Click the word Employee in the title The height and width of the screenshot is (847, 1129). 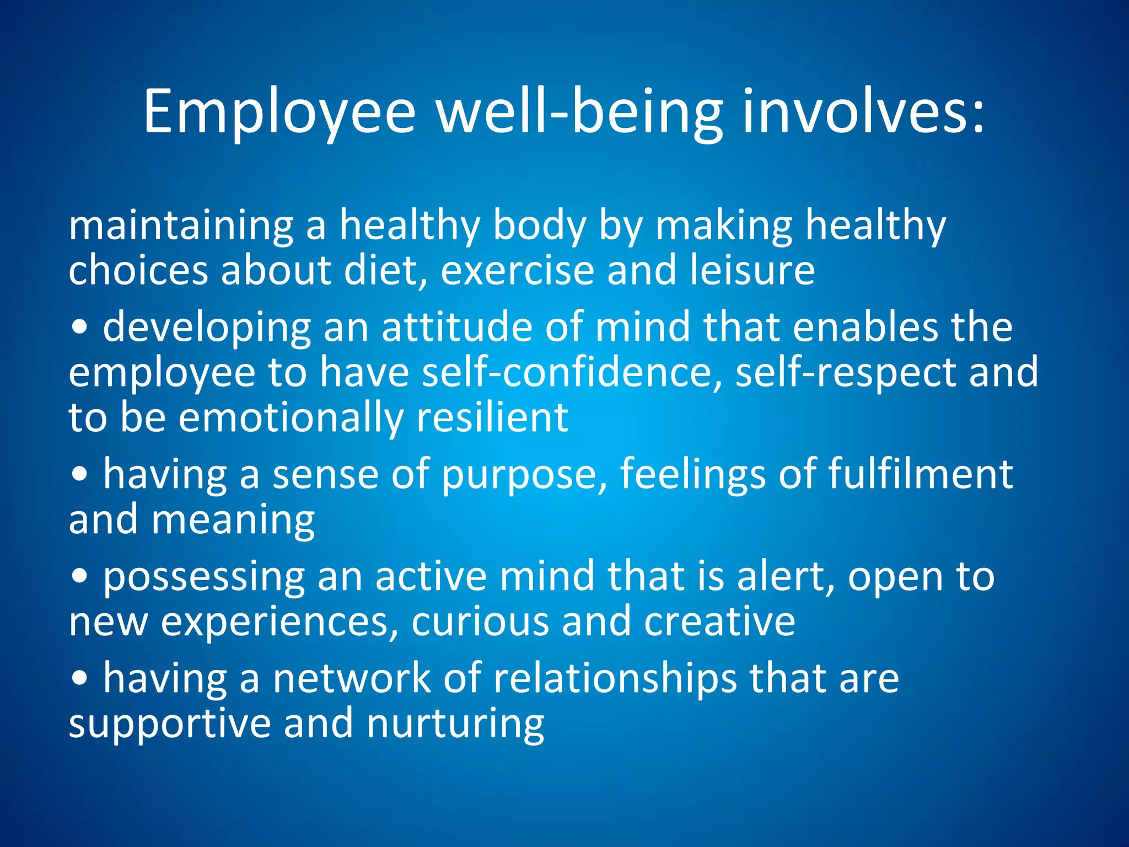[x=279, y=113]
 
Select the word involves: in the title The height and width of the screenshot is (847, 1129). [x=863, y=113]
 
